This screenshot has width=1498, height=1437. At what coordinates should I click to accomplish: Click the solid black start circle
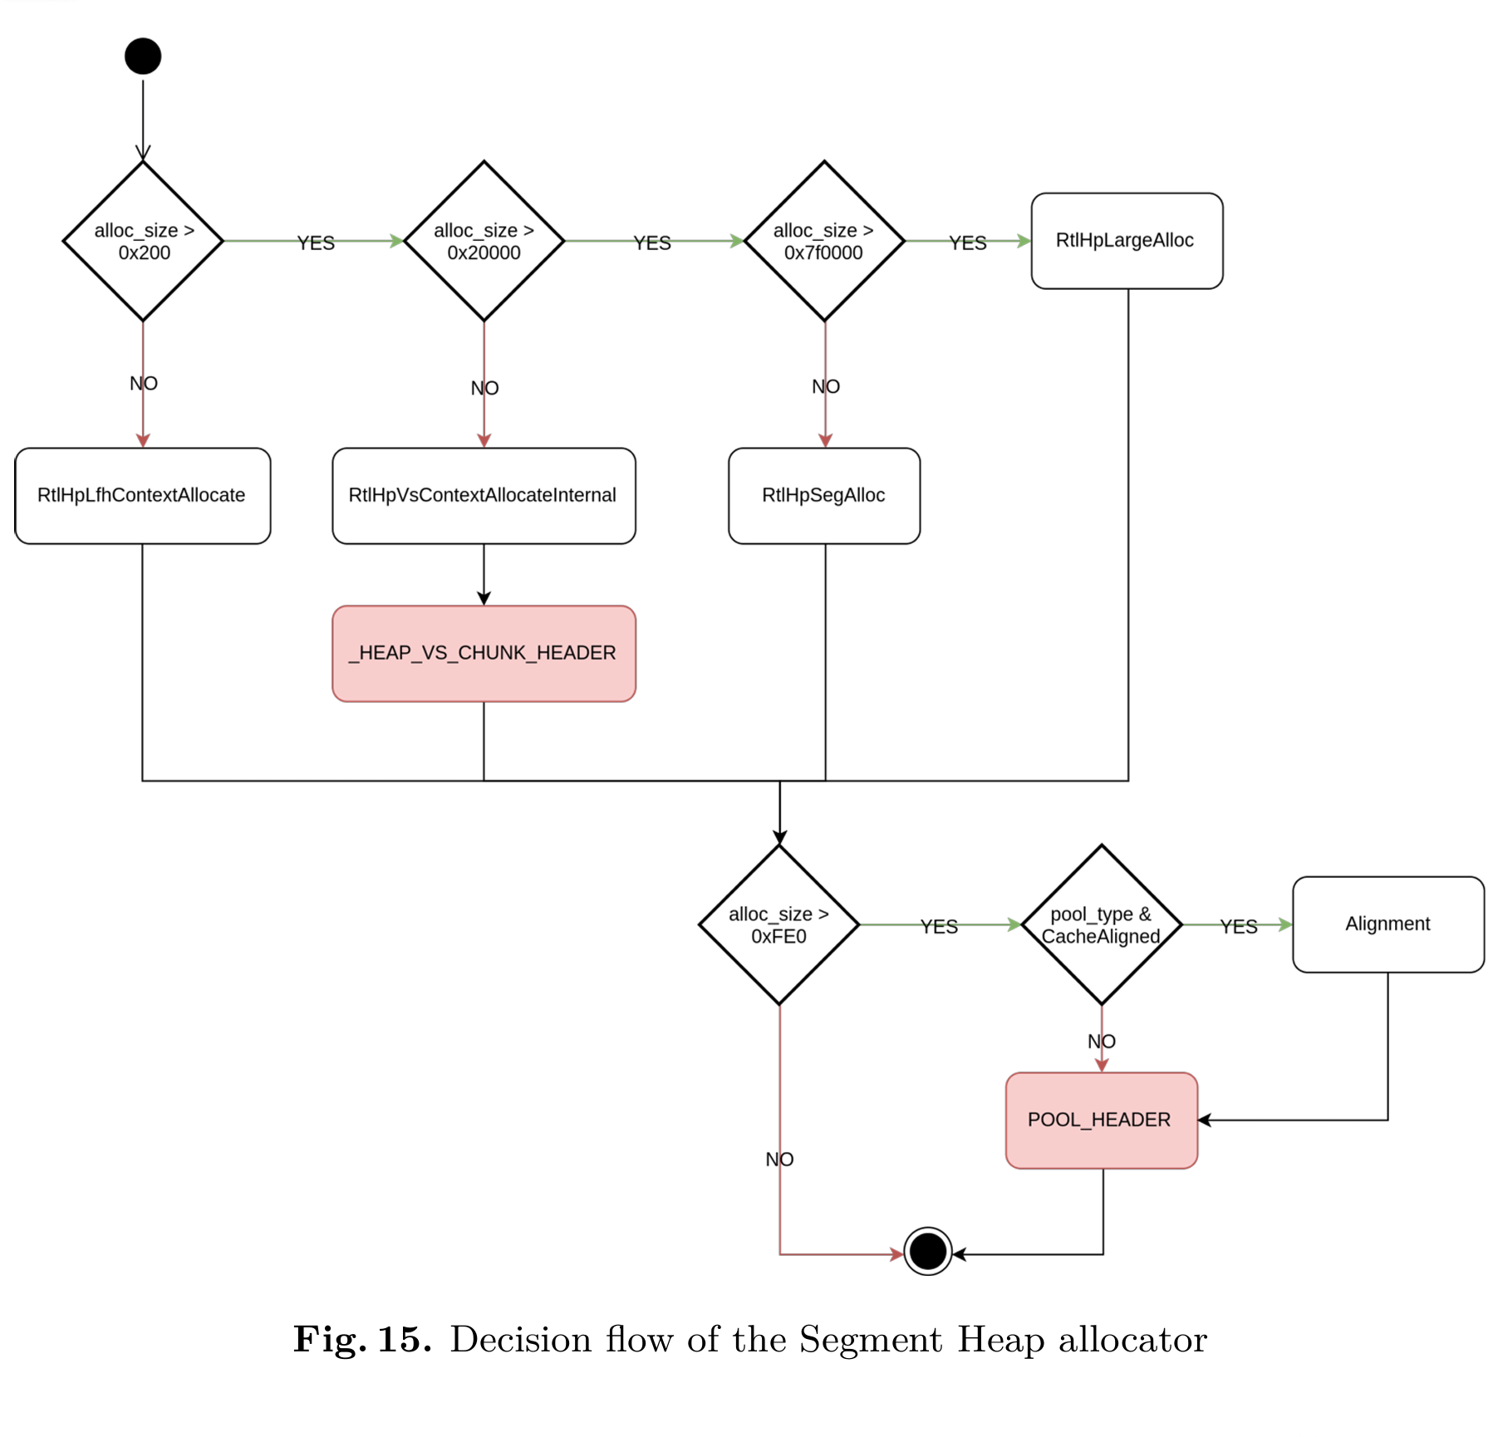pos(143,56)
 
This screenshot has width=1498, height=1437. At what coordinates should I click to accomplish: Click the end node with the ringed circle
pos(927,1250)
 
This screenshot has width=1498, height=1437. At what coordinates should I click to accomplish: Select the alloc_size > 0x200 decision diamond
pos(143,241)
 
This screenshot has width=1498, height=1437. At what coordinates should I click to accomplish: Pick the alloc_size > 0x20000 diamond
pos(484,241)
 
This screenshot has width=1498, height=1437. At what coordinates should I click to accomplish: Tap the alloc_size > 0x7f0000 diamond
pos(824,241)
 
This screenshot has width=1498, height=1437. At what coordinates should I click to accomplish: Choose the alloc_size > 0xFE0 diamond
pos(779,924)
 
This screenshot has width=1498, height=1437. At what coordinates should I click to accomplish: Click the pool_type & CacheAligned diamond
pos(1102,924)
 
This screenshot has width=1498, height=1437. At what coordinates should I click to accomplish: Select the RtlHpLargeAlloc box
pos(1127,241)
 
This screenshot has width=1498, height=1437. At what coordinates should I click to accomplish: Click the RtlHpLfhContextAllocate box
pos(142,496)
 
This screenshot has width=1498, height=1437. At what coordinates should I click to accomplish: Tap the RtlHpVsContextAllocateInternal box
pos(484,496)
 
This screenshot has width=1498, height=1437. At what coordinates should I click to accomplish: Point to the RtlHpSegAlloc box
pos(824,496)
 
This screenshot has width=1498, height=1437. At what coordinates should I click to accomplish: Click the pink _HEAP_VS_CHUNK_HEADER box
pos(484,654)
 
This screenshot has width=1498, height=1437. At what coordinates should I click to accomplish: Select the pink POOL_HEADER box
pos(1101,1121)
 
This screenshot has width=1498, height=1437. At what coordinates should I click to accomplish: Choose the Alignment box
pos(1388,924)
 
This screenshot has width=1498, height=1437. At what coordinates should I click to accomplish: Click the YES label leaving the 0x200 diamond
pos(316,243)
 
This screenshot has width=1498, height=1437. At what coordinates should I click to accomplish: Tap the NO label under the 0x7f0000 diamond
pos(826,387)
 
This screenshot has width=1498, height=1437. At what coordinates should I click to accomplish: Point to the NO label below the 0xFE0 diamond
pos(779,1160)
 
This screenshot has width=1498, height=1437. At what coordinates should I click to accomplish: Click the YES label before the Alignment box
pos(1238,927)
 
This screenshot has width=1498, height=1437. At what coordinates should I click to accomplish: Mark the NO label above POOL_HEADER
pos(1102,1042)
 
